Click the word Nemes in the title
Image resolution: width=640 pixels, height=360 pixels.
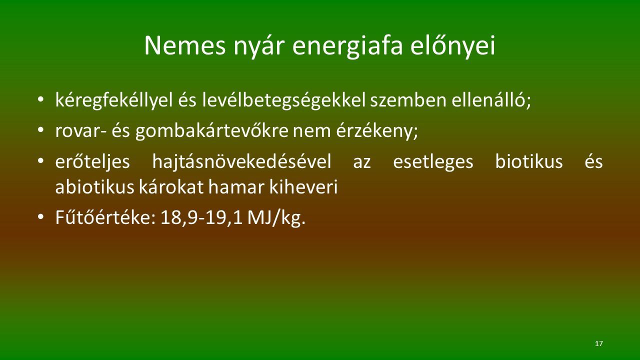pyautogui.click(x=185, y=46)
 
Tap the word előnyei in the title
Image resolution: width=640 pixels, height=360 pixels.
pyautogui.click(x=453, y=46)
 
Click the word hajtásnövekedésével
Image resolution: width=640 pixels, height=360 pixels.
pyautogui.click(x=241, y=162)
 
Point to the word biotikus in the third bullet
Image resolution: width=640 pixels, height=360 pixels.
pyautogui.click(x=529, y=161)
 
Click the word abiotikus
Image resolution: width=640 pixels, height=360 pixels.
pyautogui.click(x=95, y=187)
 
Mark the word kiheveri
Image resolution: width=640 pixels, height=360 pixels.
pyautogui.click(x=303, y=187)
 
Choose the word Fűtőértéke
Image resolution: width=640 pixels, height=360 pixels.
pyautogui.click(x=105, y=217)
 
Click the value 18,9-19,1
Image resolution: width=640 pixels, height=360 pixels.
pyautogui.click(x=201, y=218)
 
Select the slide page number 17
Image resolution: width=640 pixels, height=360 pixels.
pyautogui.click(x=599, y=343)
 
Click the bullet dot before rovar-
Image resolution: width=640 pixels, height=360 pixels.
pyautogui.click(x=40, y=130)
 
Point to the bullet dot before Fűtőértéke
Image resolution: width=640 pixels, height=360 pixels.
pyautogui.click(x=40, y=217)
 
